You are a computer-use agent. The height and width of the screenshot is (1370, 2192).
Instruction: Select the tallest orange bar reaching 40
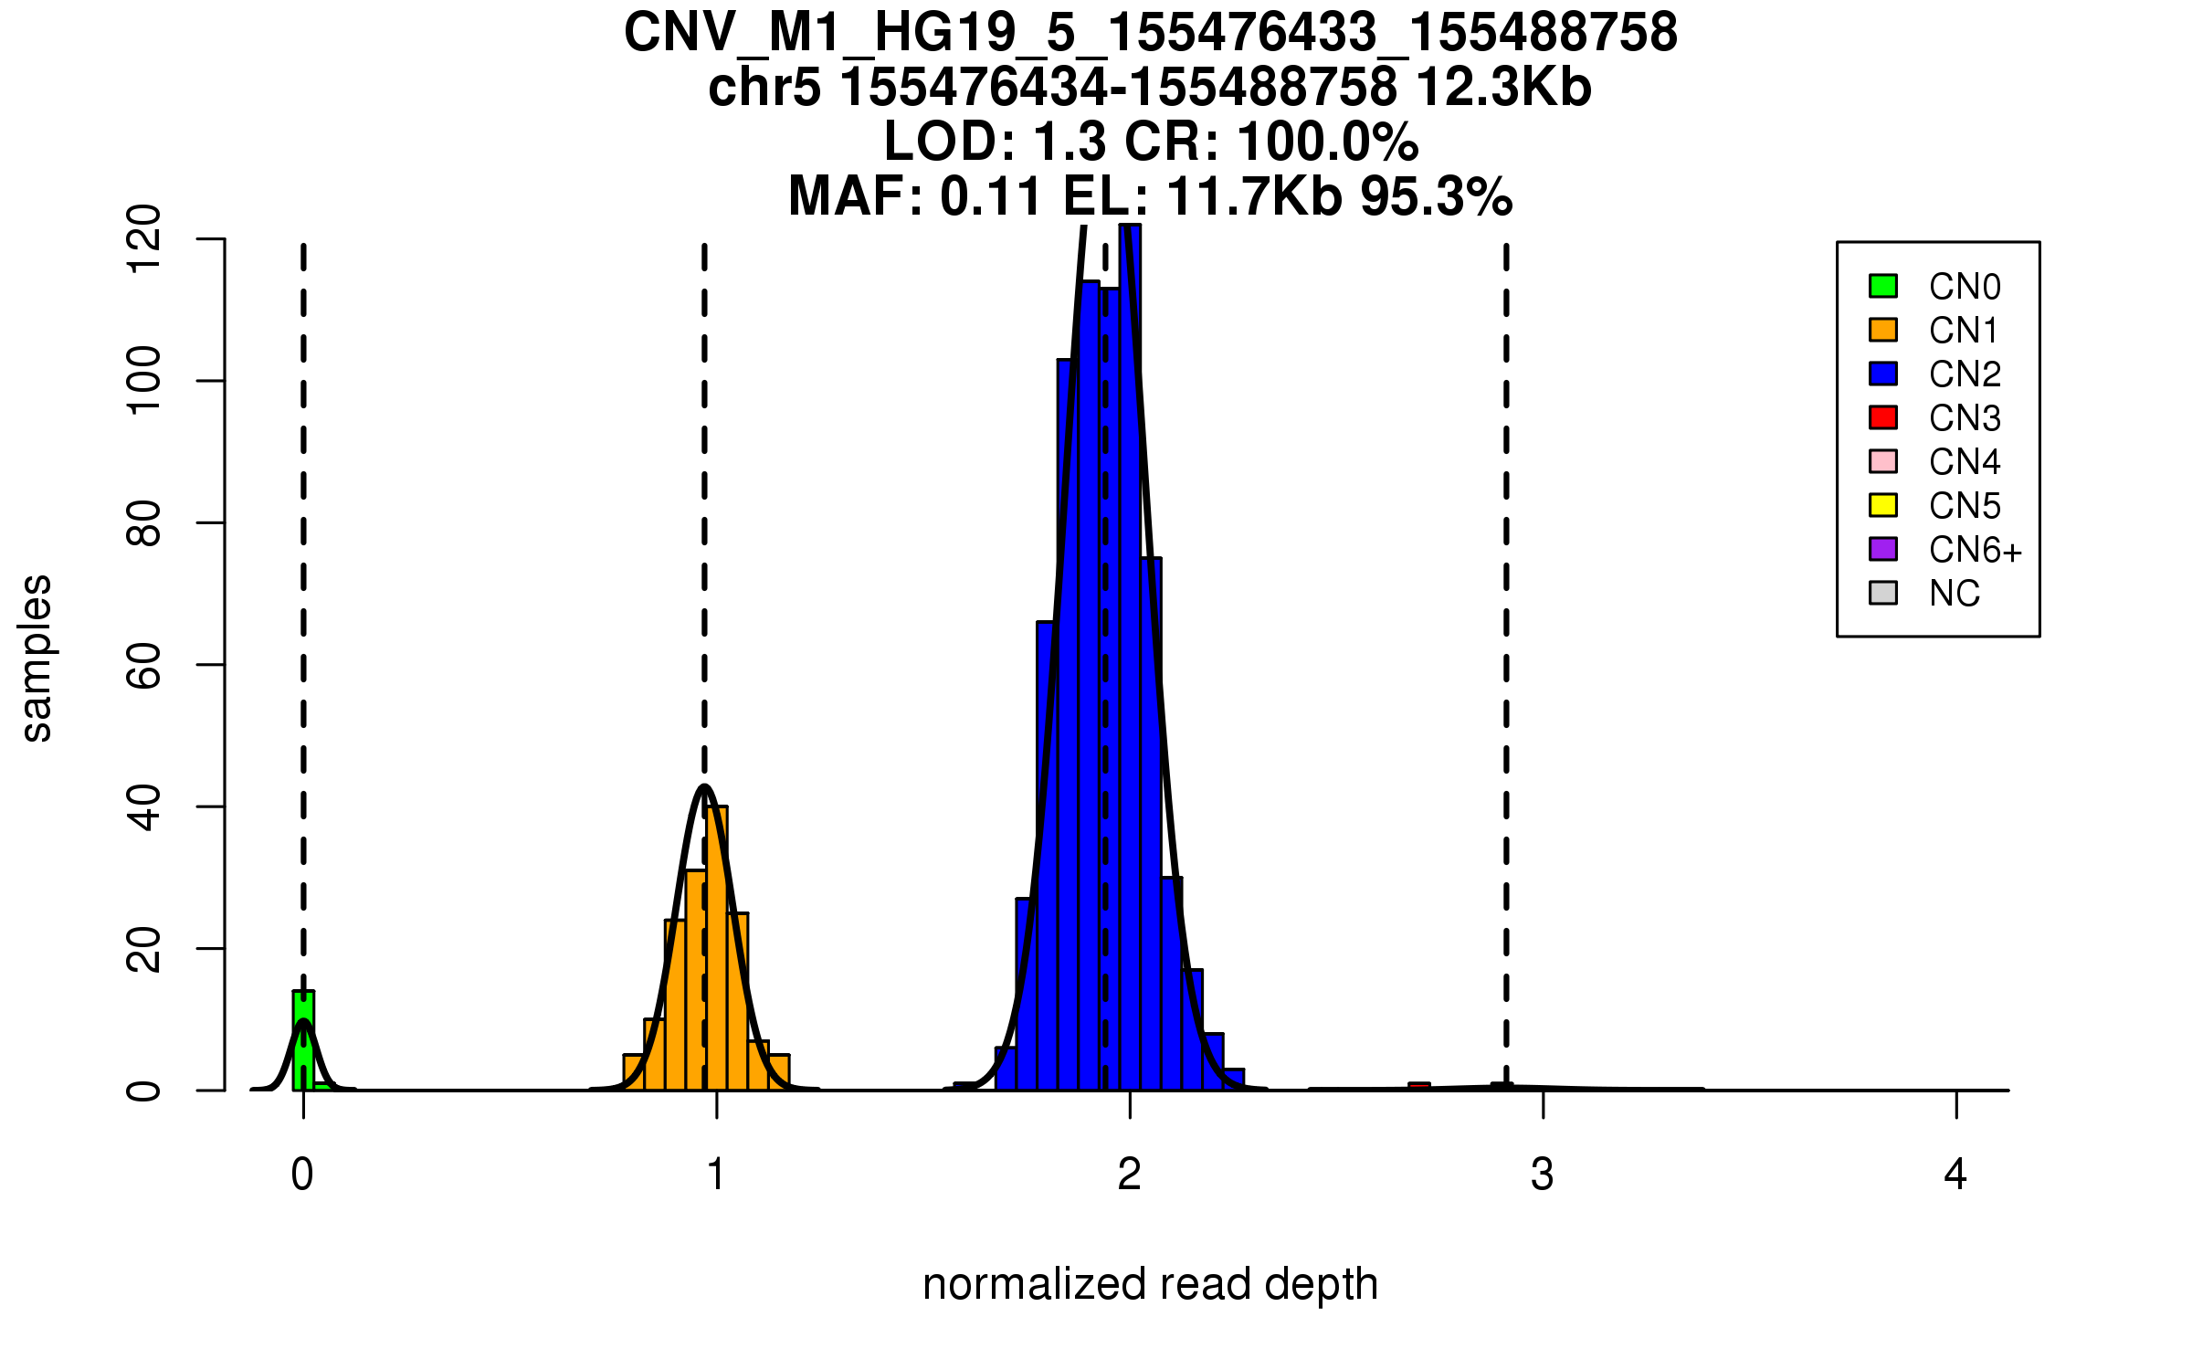[x=718, y=950]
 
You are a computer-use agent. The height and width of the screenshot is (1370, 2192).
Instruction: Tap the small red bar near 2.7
[x=1418, y=1086]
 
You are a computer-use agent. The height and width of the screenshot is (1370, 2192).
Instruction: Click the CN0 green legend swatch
[x=1883, y=286]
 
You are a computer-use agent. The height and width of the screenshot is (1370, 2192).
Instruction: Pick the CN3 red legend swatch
[x=1883, y=417]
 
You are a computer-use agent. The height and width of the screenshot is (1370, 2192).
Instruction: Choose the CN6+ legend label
[x=1975, y=550]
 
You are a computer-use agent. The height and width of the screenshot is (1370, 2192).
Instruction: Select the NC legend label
[x=1954, y=594]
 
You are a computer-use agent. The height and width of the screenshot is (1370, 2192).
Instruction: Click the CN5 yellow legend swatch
[x=1883, y=505]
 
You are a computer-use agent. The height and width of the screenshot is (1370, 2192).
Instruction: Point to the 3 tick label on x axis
[x=1543, y=1175]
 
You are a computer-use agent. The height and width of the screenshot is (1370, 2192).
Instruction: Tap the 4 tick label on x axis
[x=1955, y=1175]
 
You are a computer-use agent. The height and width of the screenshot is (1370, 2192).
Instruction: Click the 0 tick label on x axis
[x=302, y=1175]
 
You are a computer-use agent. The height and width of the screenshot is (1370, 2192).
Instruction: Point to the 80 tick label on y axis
[x=143, y=522]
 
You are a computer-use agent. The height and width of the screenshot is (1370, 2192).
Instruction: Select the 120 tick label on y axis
[x=143, y=239]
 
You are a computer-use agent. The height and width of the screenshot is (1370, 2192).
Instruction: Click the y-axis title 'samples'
[x=37, y=658]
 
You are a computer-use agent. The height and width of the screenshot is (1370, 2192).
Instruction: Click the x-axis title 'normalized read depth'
[x=1150, y=1284]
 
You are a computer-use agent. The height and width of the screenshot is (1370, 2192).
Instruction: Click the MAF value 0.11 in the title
[x=991, y=196]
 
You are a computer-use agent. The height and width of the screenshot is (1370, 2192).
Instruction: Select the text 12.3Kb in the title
[x=1503, y=88]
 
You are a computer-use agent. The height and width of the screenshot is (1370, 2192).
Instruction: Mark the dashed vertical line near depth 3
[x=1506, y=639]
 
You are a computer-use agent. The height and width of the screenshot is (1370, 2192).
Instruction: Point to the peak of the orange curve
[x=704, y=786]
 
